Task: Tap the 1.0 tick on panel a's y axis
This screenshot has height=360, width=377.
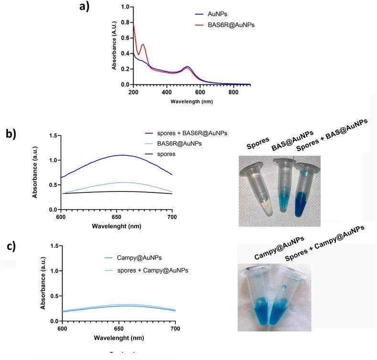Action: pos(125,7)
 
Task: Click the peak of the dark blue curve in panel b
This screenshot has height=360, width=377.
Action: pos(121,155)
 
